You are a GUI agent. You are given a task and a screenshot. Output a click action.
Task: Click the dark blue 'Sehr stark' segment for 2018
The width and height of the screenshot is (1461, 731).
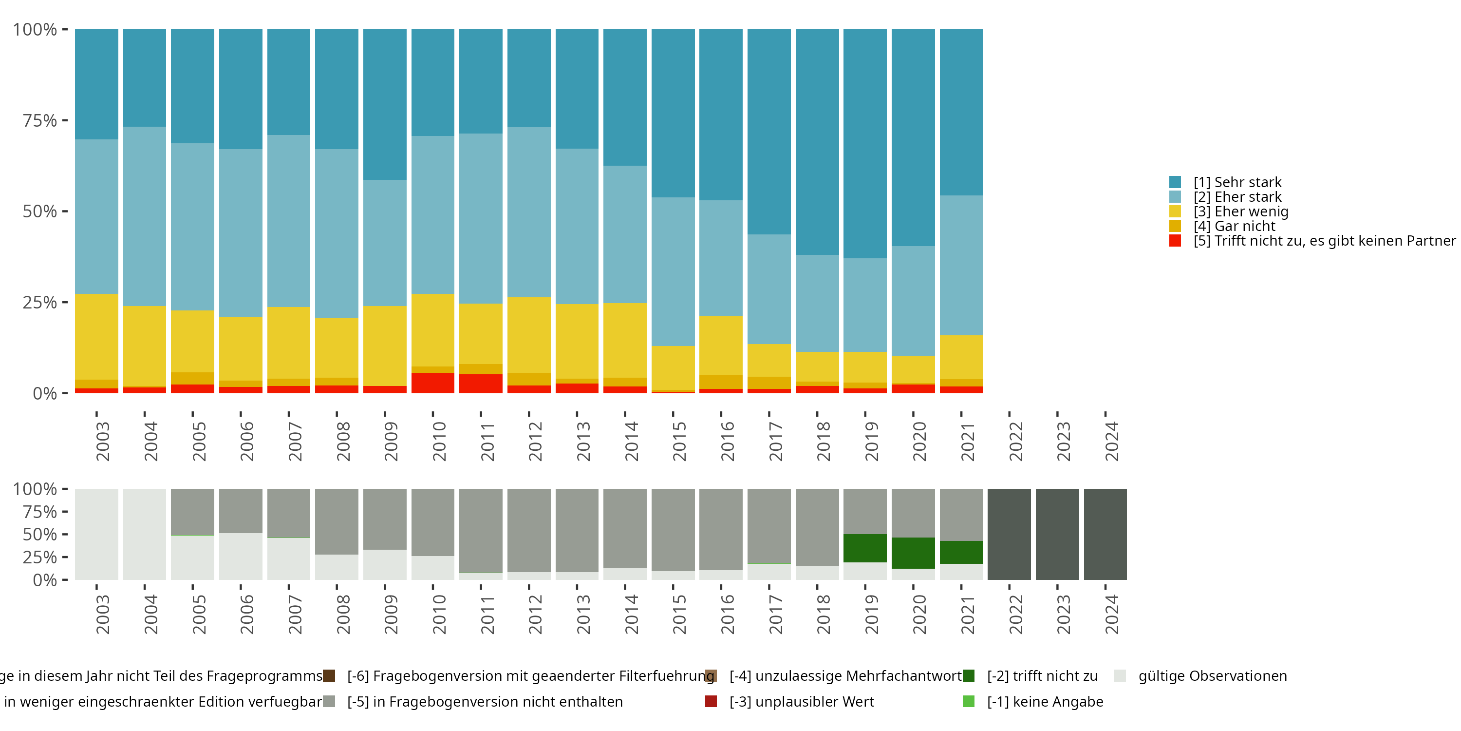coord(817,142)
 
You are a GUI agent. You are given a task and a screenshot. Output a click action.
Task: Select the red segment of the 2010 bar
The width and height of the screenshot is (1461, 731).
coord(433,383)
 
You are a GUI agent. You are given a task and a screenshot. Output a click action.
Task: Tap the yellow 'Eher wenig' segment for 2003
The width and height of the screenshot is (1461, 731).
coord(96,337)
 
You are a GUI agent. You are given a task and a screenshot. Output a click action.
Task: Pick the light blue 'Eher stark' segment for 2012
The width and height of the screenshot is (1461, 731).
coord(528,212)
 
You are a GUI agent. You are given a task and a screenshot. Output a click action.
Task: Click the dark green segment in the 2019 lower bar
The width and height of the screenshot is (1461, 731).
coord(865,548)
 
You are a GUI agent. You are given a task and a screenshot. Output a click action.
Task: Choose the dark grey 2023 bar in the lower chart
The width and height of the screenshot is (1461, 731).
coord(1057,534)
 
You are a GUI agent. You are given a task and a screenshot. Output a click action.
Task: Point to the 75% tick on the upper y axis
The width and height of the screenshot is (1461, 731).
coord(40,120)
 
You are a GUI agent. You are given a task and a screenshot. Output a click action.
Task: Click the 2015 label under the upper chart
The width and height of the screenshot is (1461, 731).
coord(679,442)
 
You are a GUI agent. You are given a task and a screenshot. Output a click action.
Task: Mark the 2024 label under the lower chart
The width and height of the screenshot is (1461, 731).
coord(1112,615)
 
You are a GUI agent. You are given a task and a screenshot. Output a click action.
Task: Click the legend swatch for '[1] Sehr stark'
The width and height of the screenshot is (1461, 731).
coord(1175,182)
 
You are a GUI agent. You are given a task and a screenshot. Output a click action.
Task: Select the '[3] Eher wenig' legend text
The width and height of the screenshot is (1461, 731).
coord(1241,212)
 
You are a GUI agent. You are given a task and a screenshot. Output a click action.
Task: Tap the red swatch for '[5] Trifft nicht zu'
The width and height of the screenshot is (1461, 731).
coord(1175,241)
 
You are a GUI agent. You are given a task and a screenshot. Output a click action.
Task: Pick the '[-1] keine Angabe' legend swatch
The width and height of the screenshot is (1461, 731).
coord(969,701)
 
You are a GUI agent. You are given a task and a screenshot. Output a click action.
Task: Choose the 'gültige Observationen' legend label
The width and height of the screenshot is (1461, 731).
coord(1213,676)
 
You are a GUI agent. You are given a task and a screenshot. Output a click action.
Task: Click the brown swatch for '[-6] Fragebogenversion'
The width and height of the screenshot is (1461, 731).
coord(329,676)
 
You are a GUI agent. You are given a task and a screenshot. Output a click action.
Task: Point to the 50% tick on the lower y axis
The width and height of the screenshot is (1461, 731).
coord(40,534)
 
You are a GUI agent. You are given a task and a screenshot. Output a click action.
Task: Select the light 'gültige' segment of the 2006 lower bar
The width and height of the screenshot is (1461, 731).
coord(241,556)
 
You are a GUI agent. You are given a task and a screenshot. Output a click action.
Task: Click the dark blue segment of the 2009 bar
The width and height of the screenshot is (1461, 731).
coord(385,104)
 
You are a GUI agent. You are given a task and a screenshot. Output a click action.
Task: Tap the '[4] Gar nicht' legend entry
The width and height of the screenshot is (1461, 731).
coord(1234,226)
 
